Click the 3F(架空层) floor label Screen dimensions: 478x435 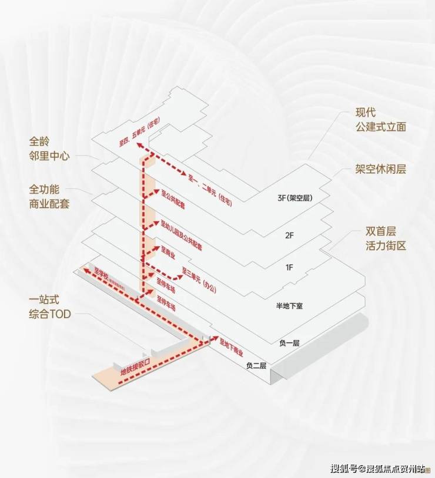[294, 198]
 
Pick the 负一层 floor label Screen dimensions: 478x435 [288, 343]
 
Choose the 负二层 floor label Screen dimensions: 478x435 [256, 366]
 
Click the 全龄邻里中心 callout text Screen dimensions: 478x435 [49, 149]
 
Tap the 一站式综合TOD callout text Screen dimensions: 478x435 [49, 307]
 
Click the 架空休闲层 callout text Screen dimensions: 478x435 [380, 169]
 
